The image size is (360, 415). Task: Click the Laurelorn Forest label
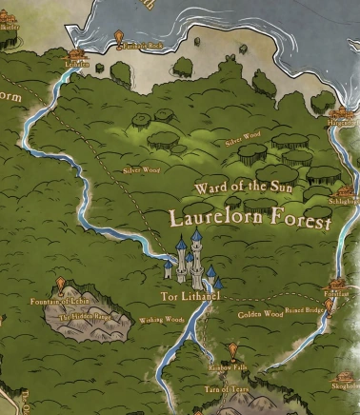[x=250, y=218]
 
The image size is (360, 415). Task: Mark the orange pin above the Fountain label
[x=62, y=285]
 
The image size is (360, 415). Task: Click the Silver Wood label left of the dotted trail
[x=141, y=171]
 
